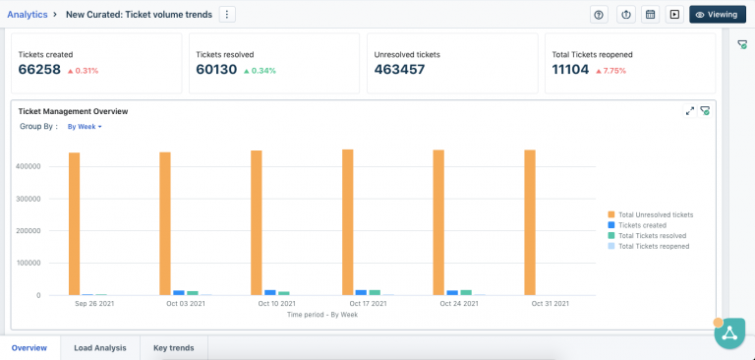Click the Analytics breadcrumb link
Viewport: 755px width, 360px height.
(x=27, y=14)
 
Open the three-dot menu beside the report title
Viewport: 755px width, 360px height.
(x=227, y=14)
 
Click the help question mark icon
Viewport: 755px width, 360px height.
(x=599, y=15)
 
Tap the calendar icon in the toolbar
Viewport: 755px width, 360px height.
(x=649, y=15)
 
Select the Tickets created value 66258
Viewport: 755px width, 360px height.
(x=39, y=70)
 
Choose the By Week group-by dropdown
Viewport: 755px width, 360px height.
(x=85, y=127)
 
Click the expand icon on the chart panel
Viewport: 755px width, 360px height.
(x=690, y=111)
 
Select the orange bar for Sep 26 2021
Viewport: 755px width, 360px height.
(x=74, y=223)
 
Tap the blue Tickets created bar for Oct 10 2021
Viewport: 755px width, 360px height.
(x=270, y=292)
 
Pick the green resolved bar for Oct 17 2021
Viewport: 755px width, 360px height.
(x=375, y=292)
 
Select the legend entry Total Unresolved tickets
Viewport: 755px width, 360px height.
(x=655, y=214)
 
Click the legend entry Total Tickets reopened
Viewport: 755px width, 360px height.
(x=653, y=246)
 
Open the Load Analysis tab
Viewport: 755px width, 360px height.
(x=99, y=347)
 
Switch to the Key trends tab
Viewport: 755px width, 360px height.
(x=173, y=347)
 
